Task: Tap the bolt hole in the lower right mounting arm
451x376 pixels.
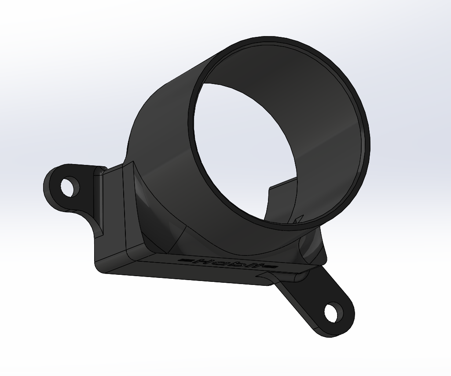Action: [x=333, y=313]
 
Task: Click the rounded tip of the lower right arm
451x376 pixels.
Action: [x=348, y=323]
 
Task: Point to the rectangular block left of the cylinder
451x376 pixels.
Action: [x=112, y=211]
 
